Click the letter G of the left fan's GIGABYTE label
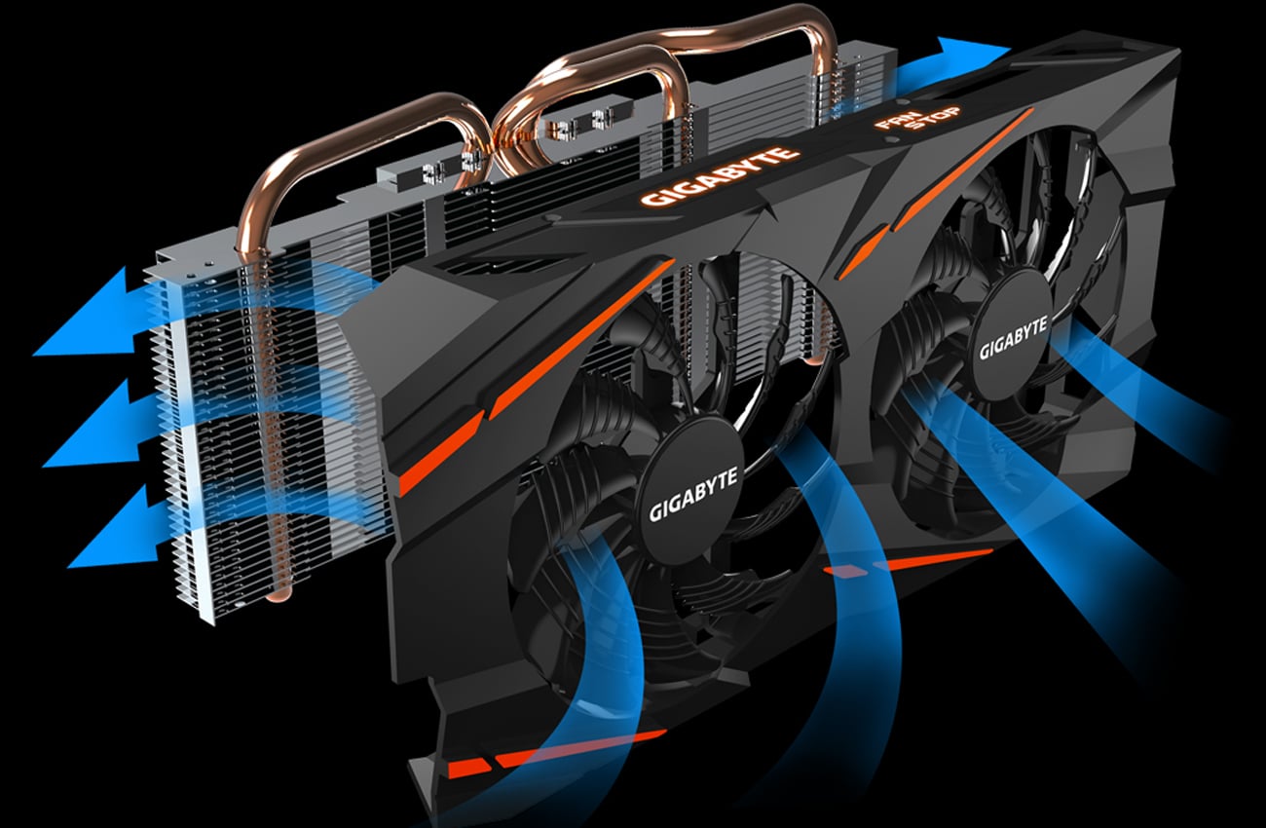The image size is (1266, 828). (x=654, y=512)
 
